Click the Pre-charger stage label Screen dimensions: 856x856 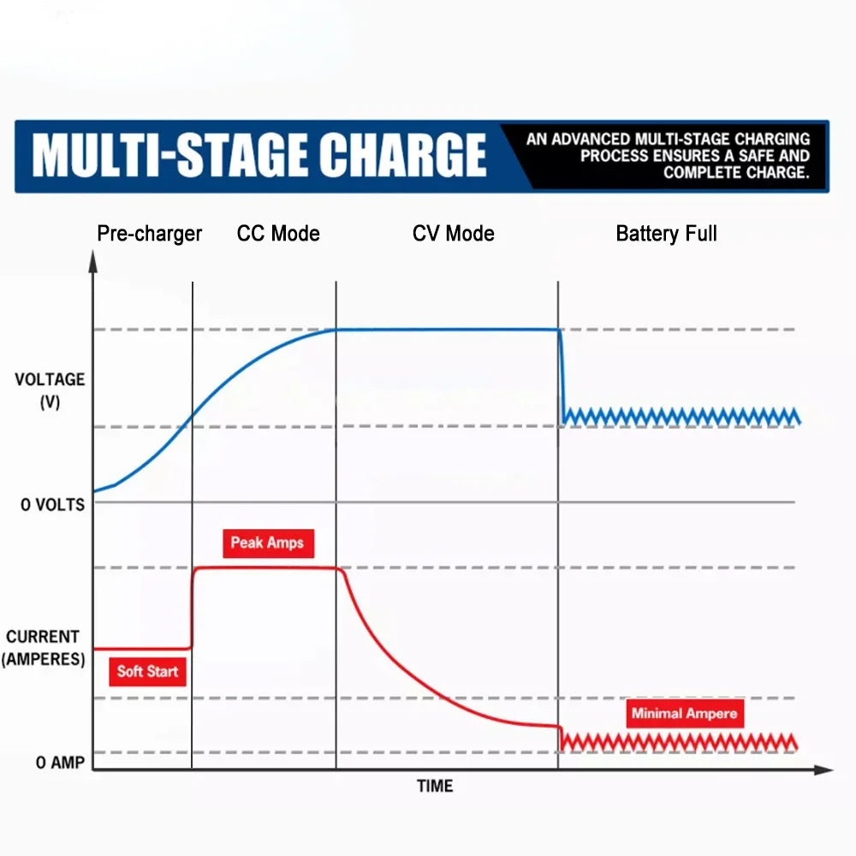[149, 234]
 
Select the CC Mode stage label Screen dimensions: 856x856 [278, 234]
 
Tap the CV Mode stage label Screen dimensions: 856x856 [453, 234]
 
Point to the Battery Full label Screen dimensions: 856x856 [666, 234]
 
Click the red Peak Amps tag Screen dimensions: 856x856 [266, 543]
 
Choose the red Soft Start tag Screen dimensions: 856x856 [147, 671]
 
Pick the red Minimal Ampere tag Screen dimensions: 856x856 [683, 713]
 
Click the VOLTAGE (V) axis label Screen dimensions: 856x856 [50, 390]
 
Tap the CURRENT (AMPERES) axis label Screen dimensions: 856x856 [43, 648]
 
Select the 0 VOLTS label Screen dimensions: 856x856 [53, 505]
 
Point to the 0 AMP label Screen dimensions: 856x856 [60, 763]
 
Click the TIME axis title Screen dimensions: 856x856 [435, 786]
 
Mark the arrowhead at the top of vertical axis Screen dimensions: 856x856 [93, 259]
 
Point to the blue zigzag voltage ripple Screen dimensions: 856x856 [681, 416]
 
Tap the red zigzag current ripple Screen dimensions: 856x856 [681, 741]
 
